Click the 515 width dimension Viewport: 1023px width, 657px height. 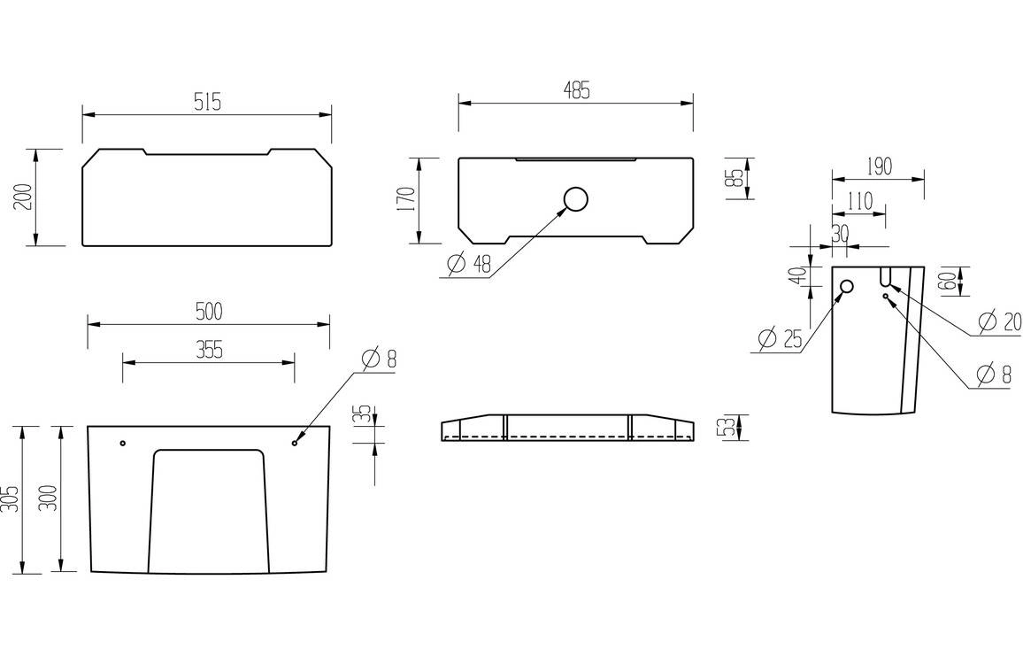coord(207,102)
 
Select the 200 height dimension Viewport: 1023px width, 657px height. coord(24,197)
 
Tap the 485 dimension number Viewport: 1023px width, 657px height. coord(575,90)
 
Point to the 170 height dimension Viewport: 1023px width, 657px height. coord(406,200)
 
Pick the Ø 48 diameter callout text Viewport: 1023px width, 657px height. coord(469,264)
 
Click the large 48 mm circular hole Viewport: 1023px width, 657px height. coord(576,200)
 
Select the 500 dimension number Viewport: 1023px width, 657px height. coord(208,311)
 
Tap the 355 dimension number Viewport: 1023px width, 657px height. coord(208,350)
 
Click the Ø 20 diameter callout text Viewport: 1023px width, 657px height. coord(998,321)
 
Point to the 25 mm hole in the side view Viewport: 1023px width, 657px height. coord(846,286)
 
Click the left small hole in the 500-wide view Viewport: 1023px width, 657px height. coord(123,443)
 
